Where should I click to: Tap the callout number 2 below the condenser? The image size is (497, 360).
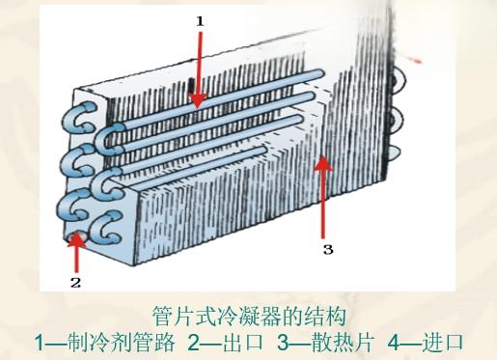(x=74, y=282)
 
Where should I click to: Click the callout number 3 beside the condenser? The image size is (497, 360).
(x=328, y=249)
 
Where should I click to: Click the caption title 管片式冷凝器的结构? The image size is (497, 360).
(x=248, y=316)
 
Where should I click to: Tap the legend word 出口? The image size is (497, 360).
(x=237, y=342)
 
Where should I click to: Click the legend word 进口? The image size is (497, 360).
(x=442, y=342)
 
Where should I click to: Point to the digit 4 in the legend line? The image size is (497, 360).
(x=393, y=342)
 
